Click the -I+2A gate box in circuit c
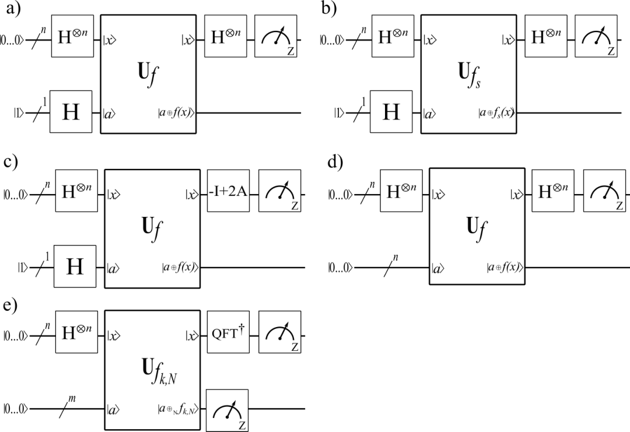(x=228, y=191)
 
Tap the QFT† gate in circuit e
(x=228, y=332)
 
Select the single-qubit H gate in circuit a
(x=71, y=111)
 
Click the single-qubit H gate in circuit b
(x=391, y=111)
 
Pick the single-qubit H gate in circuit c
(x=75, y=266)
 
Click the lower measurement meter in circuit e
(x=227, y=410)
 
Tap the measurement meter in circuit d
(x=604, y=191)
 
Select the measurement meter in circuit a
(x=275, y=36)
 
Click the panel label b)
(x=328, y=9)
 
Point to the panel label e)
(x=10, y=305)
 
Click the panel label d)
(x=335, y=163)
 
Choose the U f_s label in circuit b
(x=469, y=75)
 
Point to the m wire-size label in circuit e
(x=72, y=399)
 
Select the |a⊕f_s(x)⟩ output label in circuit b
(x=496, y=113)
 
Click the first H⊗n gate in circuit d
(x=401, y=191)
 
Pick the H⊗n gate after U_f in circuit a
(x=225, y=36)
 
